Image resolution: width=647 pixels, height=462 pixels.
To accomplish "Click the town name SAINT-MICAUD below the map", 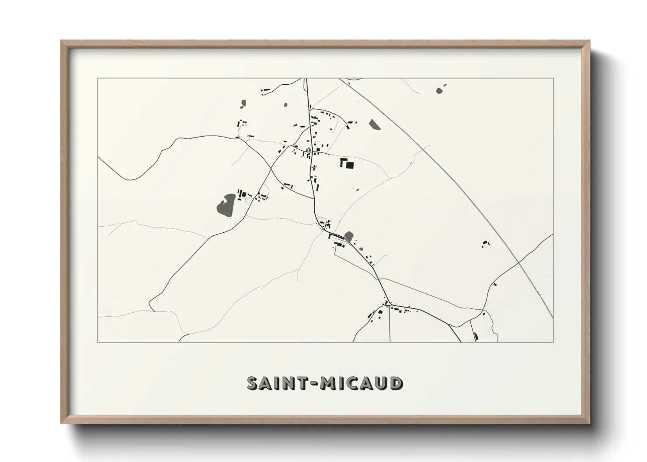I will pyautogui.click(x=324, y=383).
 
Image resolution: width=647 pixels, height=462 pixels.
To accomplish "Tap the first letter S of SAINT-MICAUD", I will pyautogui.click(x=254, y=383).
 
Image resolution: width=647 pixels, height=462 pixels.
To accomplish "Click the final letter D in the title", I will pyautogui.click(x=396, y=383).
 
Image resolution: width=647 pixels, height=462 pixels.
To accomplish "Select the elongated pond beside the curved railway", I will pyautogui.click(x=374, y=125).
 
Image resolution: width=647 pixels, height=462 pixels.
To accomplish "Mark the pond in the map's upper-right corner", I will pyautogui.click(x=439, y=90).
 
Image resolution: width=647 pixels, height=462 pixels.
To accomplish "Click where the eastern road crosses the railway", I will pyautogui.click(x=518, y=262).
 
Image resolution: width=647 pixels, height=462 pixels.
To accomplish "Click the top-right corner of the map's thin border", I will pyautogui.click(x=553, y=78).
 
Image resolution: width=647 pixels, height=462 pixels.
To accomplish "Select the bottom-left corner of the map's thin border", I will pyautogui.click(x=98, y=342).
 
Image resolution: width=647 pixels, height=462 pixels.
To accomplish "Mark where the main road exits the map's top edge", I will pyautogui.click(x=306, y=79).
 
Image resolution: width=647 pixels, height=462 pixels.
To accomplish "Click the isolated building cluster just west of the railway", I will pyautogui.click(x=485, y=244).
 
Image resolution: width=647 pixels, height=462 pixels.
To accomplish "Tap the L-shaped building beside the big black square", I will pyautogui.click(x=343, y=162).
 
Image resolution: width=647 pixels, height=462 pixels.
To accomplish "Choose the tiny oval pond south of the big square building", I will pyautogui.click(x=355, y=190).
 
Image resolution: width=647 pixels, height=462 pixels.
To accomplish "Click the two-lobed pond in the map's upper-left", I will pyautogui.click(x=243, y=104).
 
